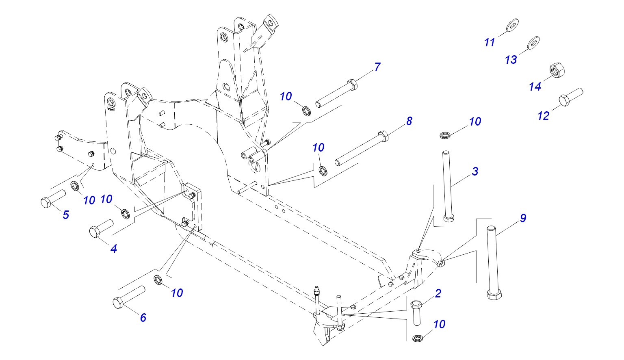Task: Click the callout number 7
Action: (x=377, y=67)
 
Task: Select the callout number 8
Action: (x=409, y=121)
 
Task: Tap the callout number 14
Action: (x=535, y=87)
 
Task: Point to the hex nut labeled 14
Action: (x=557, y=70)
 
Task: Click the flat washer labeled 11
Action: (x=512, y=25)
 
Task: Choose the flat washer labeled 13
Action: (x=533, y=42)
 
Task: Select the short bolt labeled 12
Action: (x=571, y=97)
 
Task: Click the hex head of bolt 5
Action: (x=45, y=202)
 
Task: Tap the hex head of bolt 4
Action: (x=94, y=232)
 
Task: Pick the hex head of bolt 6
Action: (x=118, y=303)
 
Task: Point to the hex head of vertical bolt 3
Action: (x=448, y=218)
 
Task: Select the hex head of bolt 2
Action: (x=416, y=304)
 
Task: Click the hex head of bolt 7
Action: (x=352, y=85)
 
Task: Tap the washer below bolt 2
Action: (x=418, y=338)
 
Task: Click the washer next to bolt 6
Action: (x=158, y=280)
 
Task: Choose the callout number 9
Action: (x=523, y=218)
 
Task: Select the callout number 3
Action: (x=475, y=171)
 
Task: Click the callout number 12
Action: (x=543, y=116)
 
